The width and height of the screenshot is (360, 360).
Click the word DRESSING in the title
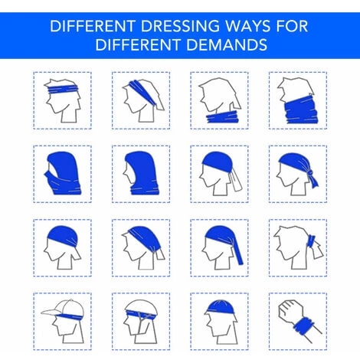point(179,26)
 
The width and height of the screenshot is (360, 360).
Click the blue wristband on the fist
point(304,326)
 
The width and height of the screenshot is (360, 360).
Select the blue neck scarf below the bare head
point(222,117)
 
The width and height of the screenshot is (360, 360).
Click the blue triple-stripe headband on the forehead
point(62,89)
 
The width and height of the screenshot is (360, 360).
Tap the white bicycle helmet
point(141,306)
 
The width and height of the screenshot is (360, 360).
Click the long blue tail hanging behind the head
point(238,251)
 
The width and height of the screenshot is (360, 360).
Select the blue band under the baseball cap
point(70,316)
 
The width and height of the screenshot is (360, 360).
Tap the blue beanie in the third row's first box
point(62,236)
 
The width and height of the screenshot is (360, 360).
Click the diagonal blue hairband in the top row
point(143,93)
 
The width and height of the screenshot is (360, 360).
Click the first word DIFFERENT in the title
point(93,26)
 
